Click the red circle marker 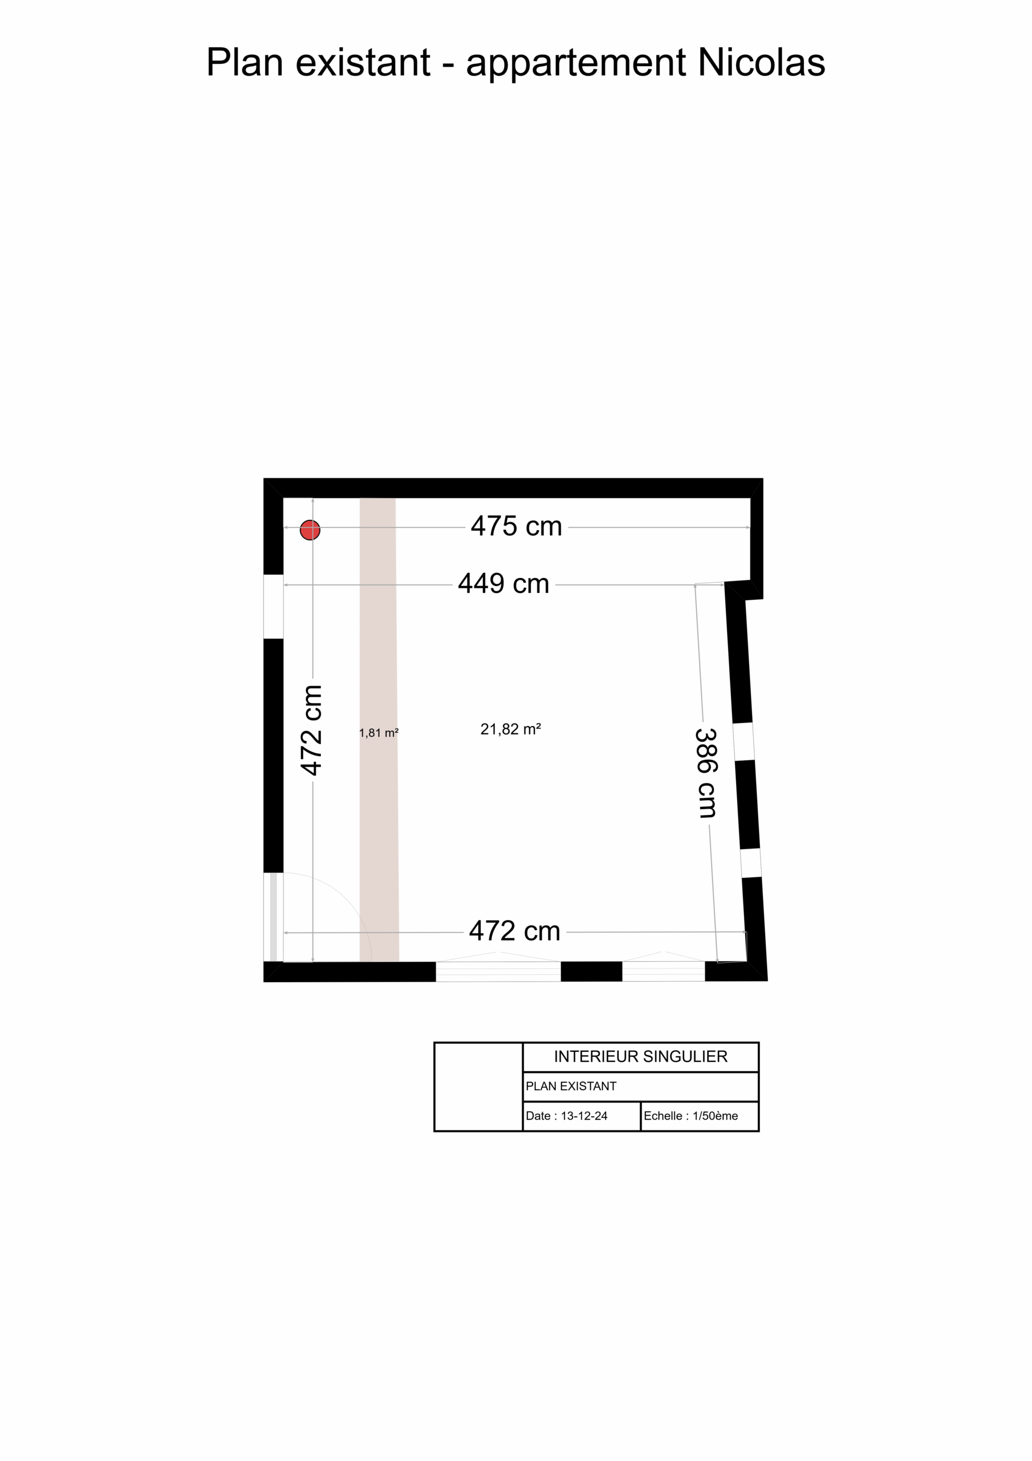310,530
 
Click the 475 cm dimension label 517,527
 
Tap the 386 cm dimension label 706,773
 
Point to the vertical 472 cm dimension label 311,730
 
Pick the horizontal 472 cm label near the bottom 514,931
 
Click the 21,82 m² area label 511,729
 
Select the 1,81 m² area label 379,733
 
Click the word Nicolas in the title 762,62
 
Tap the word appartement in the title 576,65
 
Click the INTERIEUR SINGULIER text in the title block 640,1057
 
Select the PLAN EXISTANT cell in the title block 641,1087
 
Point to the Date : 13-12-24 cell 581,1116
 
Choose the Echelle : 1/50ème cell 700,1116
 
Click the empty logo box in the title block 478,1087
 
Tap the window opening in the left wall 274,607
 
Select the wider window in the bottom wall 498,972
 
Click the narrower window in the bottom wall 663,972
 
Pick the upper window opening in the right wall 743,742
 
